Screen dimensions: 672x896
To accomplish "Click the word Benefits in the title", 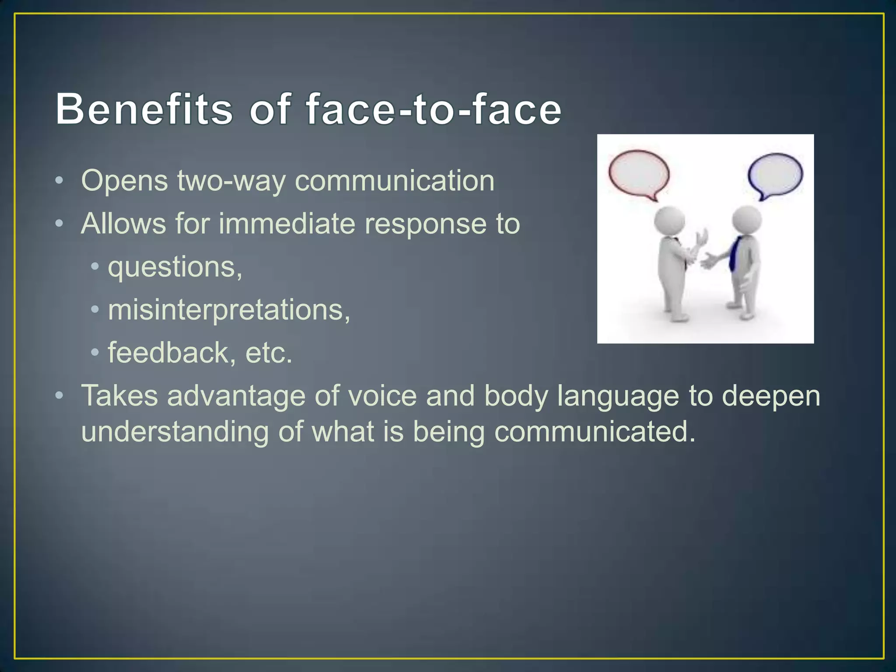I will pos(144,109).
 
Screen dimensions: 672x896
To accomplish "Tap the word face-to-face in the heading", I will pos(433,109).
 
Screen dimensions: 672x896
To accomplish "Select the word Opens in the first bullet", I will pos(124,181).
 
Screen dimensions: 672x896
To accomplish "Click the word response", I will pos(425,224).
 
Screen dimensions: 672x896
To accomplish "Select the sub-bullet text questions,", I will pos(175,267).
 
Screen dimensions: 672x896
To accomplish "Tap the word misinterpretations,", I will pos(229,310).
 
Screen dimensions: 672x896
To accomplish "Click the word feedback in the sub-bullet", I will pos(168,353).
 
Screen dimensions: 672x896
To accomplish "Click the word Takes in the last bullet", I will pos(119,395).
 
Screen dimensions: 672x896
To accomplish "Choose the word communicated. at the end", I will pos(595,432).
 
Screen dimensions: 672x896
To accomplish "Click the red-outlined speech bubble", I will pos(639,175).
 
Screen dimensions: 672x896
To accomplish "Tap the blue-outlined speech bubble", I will pos(775,175).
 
